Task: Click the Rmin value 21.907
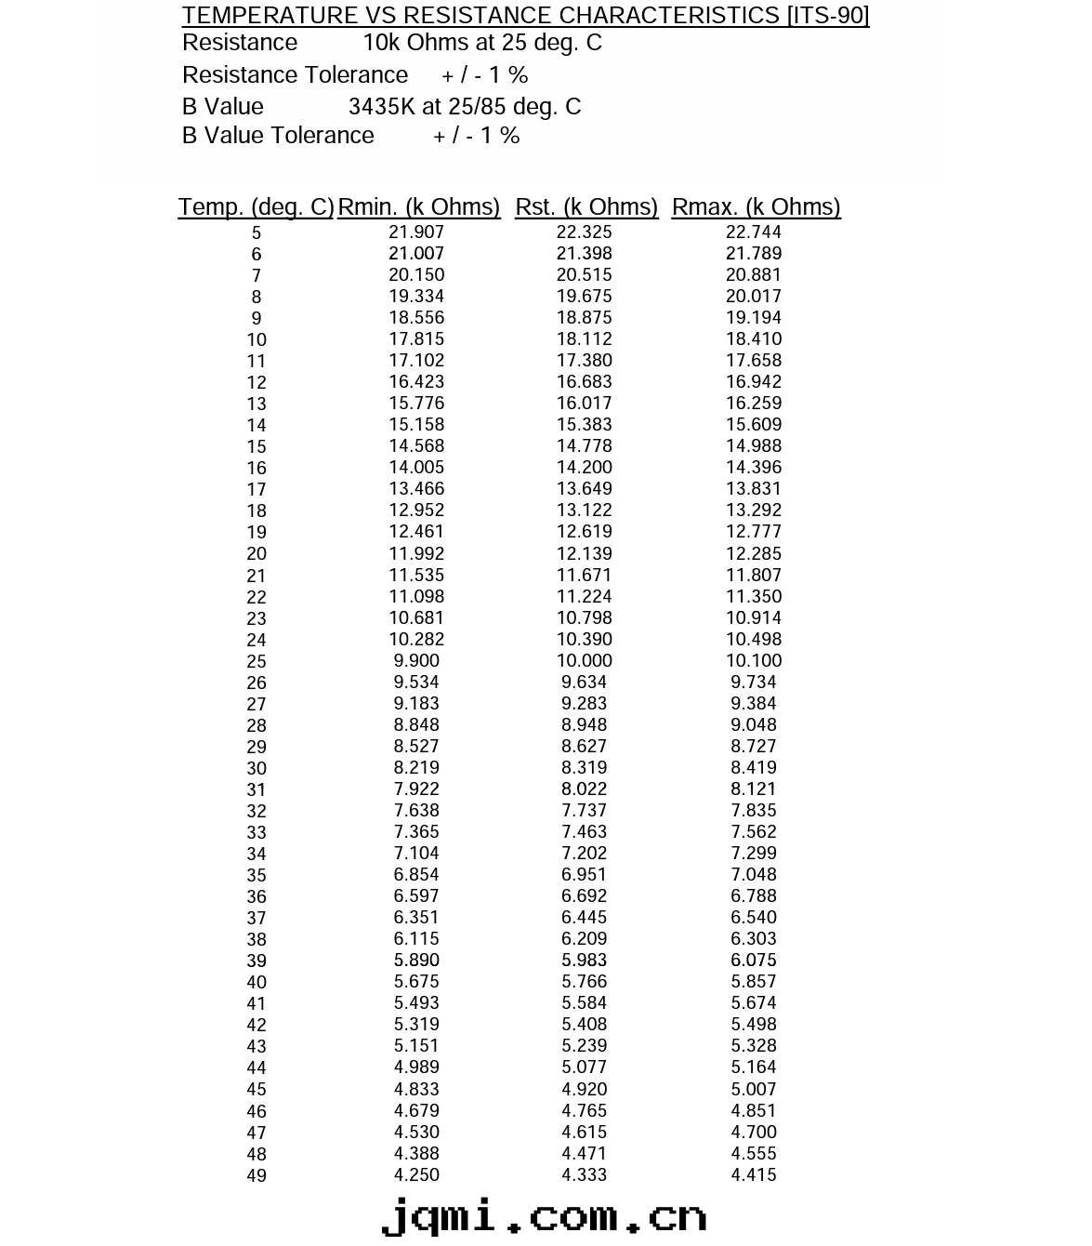(416, 232)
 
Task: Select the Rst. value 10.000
(584, 661)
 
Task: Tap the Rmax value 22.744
(754, 232)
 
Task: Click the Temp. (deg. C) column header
(256, 206)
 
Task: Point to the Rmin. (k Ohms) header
(419, 206)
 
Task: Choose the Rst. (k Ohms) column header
(586, 206)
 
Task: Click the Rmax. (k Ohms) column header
(756, 206)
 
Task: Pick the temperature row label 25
(257, 662)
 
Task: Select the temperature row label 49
(257, 1176)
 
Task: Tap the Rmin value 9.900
(416, 661)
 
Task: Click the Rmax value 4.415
(754, 1175)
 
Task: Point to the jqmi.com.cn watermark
(545, 1216)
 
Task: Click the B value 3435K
(382, 107)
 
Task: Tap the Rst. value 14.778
(584, 446)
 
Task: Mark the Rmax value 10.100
(754, 661)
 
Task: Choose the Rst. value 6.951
(584, 875)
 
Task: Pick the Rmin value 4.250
(416, 1175)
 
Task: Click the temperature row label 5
(257, 233)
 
